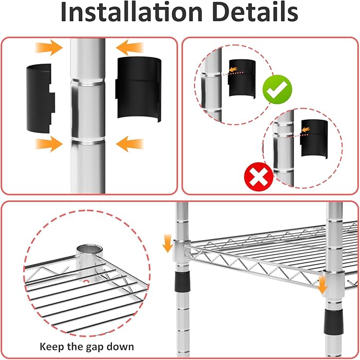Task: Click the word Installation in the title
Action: [131, 12]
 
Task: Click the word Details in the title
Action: [255, 12]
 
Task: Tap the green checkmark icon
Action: [277, 90]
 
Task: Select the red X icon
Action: [259, 177]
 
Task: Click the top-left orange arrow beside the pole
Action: [49, 48]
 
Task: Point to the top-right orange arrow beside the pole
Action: [130, 48]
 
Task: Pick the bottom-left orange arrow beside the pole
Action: [49, 144]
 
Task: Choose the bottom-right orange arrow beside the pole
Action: [130, 144]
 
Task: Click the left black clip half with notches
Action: [41, 99]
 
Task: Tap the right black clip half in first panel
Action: [138, 89]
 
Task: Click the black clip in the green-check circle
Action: [242, 79]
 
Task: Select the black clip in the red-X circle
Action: [314, 139]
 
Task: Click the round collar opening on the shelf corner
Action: [90, 249]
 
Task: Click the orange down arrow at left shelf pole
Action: [168, 243]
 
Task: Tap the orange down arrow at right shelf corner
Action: [322, 285]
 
